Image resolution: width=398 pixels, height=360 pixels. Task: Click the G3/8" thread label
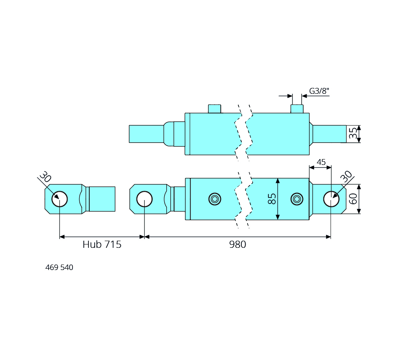319,91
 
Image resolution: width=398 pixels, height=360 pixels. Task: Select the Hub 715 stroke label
102,245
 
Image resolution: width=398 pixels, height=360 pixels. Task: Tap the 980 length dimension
238,245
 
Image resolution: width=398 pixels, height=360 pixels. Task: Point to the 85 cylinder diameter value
271,199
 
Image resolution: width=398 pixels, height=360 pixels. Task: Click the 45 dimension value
321,162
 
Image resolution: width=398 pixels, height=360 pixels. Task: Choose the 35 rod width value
354,134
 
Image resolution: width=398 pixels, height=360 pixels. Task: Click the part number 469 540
59,267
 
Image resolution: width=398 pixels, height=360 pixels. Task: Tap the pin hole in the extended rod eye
59,199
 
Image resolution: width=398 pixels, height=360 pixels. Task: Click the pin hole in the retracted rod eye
145,199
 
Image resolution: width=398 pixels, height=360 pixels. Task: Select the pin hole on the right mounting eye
331,199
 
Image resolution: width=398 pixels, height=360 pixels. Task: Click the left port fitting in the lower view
215,199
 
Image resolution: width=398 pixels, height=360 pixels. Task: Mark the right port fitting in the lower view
297,199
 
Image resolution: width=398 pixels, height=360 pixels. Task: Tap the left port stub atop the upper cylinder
215,109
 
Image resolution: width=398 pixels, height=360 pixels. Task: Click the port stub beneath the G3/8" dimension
297,109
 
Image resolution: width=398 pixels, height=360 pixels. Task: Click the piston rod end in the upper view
146,134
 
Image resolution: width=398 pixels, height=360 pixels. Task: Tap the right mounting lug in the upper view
329,134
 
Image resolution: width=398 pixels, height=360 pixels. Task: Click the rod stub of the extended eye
102,199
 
